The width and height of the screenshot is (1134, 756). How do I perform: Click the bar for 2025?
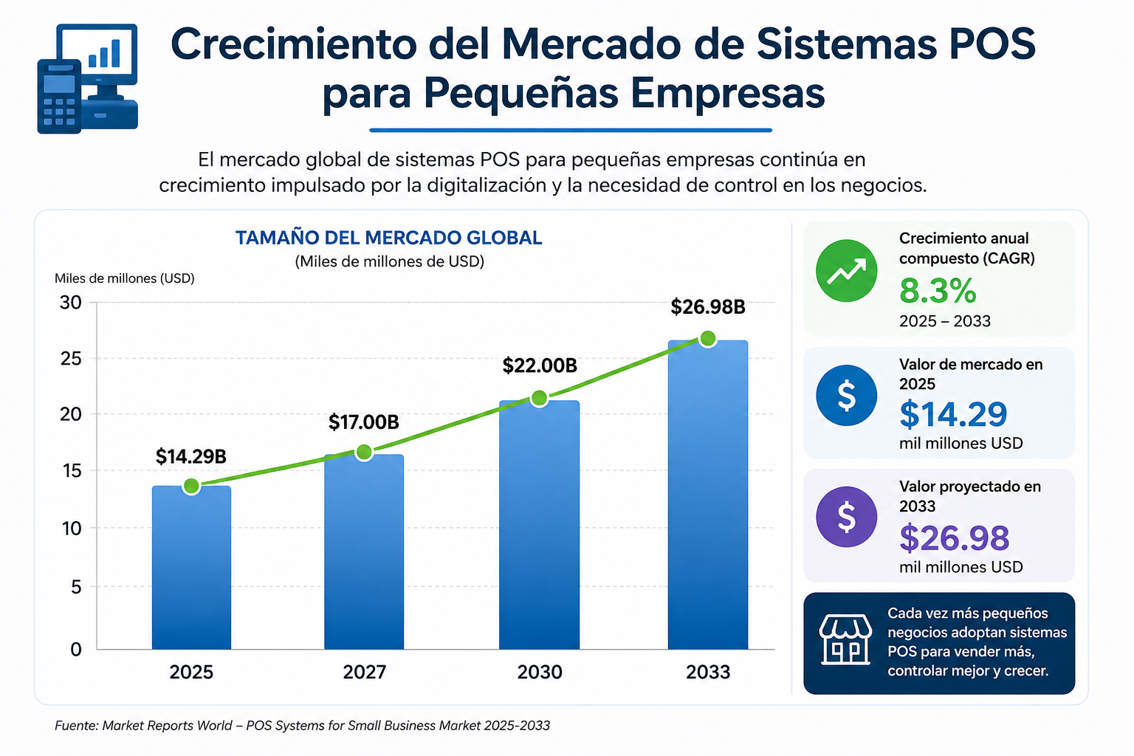tap(191, 567)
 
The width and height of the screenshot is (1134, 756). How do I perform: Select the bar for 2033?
tap(708, 495)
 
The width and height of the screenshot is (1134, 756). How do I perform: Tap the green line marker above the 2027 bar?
tap(364, 452)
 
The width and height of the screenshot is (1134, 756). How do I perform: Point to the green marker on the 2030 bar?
tap(540, 398)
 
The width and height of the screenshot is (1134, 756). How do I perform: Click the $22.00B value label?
tap(540, 365)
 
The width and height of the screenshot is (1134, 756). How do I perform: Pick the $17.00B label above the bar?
tap(363, 422)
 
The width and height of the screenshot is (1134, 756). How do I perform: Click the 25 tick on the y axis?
tap(70, 359)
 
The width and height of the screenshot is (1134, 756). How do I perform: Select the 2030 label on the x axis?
tap(540, 672)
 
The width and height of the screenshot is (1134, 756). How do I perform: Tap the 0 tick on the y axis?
tap(76, 649)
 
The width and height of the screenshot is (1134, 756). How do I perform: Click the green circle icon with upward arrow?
tap(847, 271)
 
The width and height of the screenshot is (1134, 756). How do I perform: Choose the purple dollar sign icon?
tap(847, 517)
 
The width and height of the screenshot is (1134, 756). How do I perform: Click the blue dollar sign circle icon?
tap(847, 395)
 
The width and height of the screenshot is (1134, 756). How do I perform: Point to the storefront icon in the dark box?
tap(845, 639)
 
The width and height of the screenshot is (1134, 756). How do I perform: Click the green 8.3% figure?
tap(938, 291)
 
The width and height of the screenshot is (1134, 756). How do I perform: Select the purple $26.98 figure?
tap(955, 537)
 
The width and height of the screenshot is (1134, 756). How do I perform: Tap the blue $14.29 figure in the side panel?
tap(953, 413)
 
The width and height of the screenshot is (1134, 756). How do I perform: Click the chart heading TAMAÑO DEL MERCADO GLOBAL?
tap(389, 238)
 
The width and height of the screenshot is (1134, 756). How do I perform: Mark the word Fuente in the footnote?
tap(76, 726)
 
